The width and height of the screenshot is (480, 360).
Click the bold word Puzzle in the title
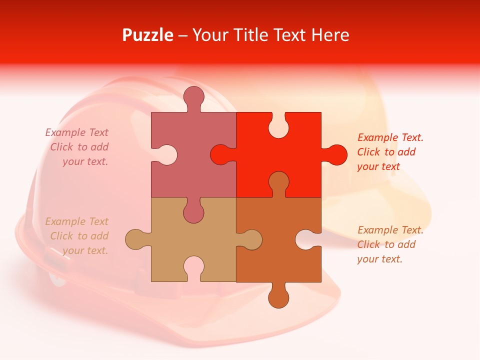148,35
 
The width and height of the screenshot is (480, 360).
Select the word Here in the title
330,35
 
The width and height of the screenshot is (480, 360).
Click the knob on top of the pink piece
193,97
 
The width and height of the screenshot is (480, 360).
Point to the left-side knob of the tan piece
136,239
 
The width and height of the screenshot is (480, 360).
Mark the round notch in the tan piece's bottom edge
193,267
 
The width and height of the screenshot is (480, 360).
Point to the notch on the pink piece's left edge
163,155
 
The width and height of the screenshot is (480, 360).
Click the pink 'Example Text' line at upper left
76,132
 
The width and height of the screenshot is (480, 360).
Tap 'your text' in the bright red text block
378,166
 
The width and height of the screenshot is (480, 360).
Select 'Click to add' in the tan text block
79,236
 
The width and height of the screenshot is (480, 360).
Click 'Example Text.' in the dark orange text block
390,230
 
